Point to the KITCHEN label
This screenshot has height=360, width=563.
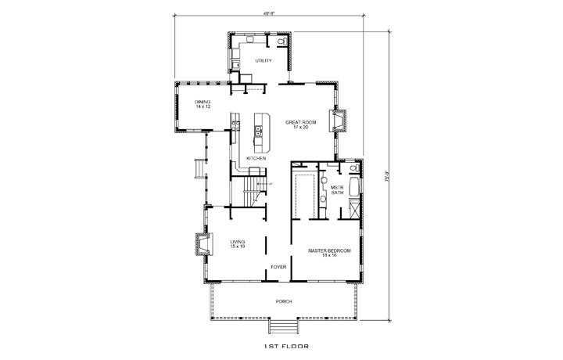[x=256, y=159]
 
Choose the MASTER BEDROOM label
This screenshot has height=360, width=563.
[x=328, y=253]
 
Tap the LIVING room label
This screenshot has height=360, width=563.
[x=238, y=244]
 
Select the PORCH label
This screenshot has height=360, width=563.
[x=283, y=301]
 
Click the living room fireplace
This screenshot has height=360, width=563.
[x=202, y=247]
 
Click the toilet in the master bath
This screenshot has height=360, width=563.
[x=353, y=168]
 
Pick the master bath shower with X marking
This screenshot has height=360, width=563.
[x=354, y=210]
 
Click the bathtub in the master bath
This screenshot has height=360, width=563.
[x=353, y=188]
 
